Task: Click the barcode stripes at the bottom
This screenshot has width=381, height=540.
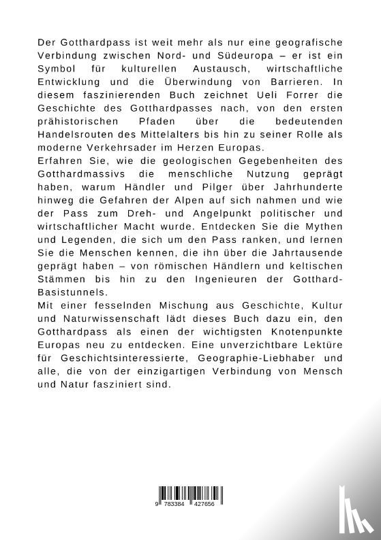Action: (191, 494)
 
